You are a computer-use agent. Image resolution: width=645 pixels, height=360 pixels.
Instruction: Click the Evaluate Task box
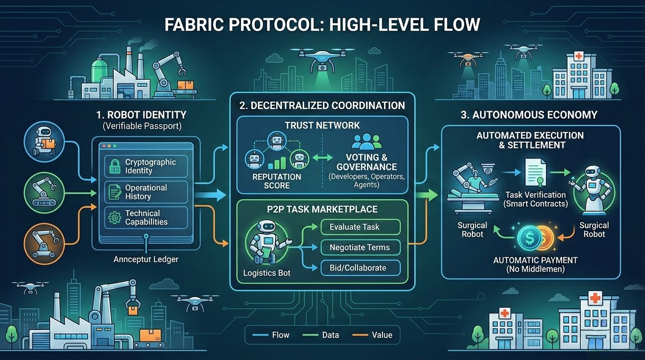(360, 227)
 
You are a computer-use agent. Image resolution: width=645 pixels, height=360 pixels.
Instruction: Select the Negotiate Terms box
(360, 247)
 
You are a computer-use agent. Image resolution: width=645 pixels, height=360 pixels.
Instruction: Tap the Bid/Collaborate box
(360, 268)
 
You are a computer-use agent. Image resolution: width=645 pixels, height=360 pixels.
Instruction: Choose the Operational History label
(146, 192)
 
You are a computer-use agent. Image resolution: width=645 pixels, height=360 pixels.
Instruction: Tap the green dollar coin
(529, 238)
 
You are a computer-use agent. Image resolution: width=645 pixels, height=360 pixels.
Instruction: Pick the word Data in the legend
(330, 335)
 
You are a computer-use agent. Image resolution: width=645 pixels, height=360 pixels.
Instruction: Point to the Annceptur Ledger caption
(146, 259)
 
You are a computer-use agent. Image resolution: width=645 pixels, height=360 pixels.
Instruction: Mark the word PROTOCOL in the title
(256, 24)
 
